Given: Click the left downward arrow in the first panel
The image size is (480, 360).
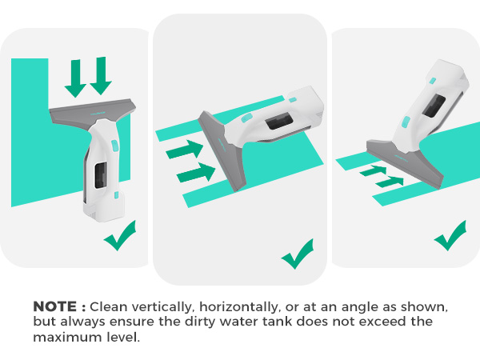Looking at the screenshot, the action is coord(76,78).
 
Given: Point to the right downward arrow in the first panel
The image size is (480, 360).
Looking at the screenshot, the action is coord(101,76).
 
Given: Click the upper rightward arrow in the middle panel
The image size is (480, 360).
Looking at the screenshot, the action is coord(185,150).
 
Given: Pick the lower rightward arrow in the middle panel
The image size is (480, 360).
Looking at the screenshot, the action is coord(196,172).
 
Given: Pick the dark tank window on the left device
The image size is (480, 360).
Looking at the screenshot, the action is coord(101,175).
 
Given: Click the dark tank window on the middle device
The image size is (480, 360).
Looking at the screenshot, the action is coord(278,120).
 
